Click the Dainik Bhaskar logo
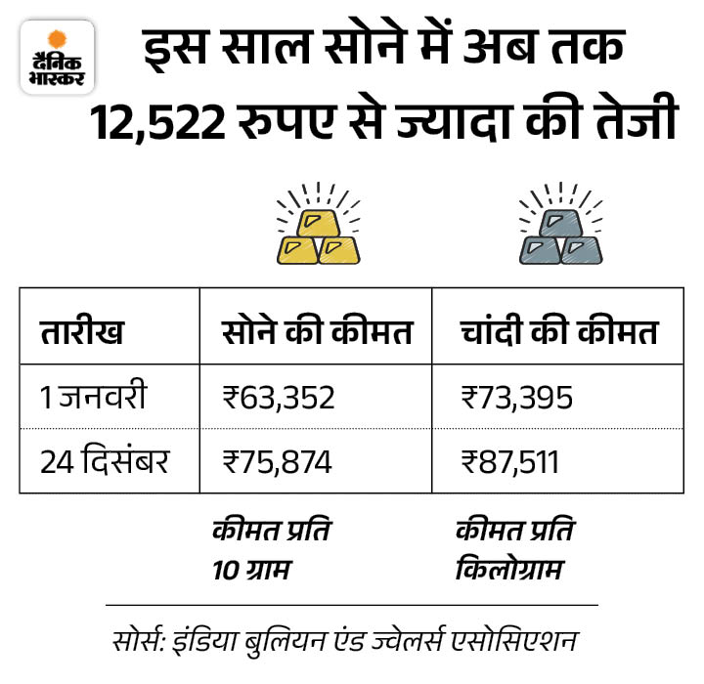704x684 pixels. (57, 57)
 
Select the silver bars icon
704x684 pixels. (559, 224)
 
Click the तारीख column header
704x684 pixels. (82, 332)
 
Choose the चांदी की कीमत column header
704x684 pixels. (558, 332)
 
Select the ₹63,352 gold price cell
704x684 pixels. (279, 399)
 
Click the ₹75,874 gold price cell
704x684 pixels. (278, 460)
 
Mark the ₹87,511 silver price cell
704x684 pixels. (509, 460)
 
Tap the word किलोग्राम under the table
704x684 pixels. (508, 567)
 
